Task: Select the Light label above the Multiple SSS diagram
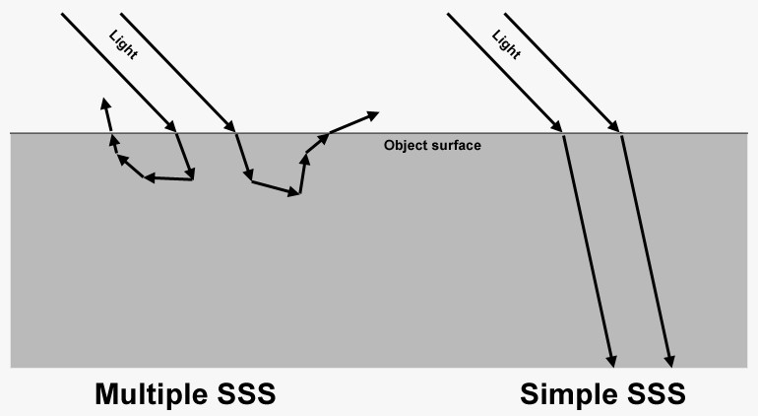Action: [123, 44]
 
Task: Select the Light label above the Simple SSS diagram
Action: [506, 44]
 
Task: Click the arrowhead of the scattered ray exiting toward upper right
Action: [373, 115]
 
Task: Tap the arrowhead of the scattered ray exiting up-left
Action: [105, 104]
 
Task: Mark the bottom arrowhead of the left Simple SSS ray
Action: [611, 361]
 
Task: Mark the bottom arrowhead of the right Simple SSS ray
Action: [669, 361]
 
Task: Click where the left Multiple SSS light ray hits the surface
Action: [175, 132]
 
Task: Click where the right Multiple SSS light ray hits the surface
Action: [234, 132]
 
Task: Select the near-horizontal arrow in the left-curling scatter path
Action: [168, 178]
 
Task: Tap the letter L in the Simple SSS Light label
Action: [497, 35]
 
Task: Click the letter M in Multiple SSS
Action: [107, 393]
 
